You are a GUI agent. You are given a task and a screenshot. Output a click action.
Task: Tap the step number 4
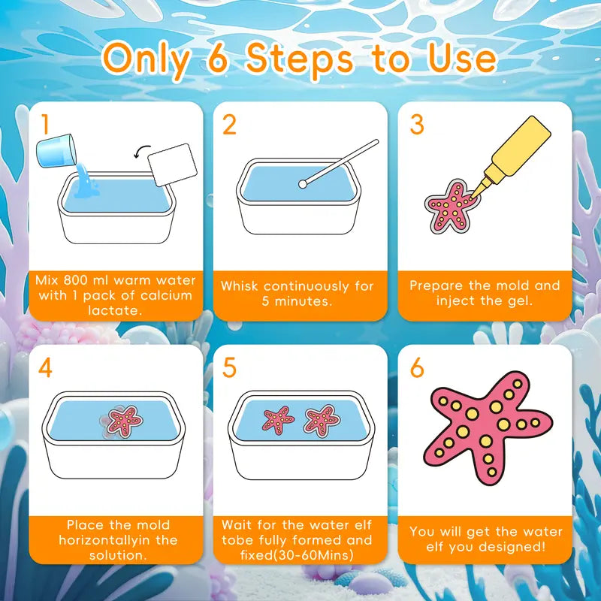46,369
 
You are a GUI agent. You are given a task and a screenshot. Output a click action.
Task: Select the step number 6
417,369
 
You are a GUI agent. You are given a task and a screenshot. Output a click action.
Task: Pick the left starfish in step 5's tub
277,419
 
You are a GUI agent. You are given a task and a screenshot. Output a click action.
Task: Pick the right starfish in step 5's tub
322,419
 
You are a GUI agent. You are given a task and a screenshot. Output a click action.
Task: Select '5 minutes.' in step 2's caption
300,300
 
